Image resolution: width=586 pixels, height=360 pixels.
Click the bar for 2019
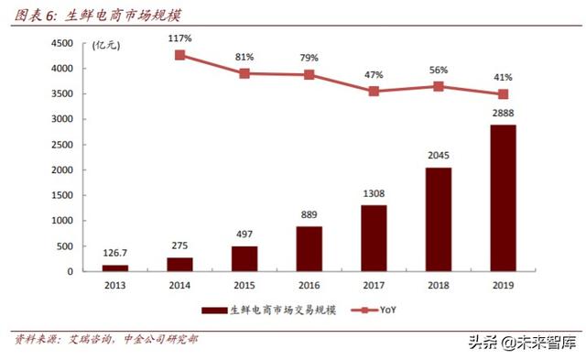(503, 198)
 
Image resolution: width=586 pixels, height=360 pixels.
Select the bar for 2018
(438, 220)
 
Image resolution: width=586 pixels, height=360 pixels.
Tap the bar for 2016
(309, 248)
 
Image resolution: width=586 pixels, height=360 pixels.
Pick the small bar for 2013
(114, 267)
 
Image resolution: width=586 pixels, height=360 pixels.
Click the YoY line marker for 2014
(179, 55)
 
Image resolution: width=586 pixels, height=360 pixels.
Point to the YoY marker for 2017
(374, 92)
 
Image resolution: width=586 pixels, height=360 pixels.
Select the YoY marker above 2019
(503, 94)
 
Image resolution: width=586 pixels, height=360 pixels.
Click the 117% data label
(179, 38)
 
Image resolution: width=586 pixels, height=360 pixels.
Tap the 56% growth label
(438, 70)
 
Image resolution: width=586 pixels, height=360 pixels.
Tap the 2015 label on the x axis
(244, 286)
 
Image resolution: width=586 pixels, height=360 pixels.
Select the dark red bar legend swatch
(212, 311)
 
